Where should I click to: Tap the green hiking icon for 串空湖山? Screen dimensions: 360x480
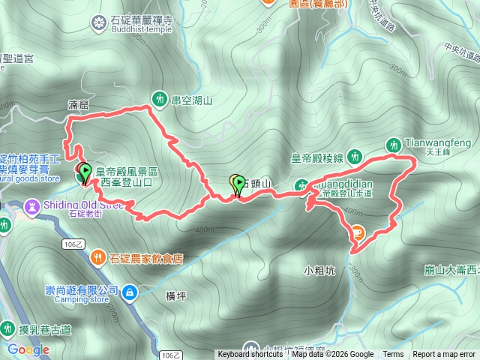pyautogui.click(x=159, y=97)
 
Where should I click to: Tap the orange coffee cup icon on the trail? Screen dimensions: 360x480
pyautogui.click(x=358, y=232)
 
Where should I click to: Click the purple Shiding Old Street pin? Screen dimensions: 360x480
pyautogui.click(x=31, y=205)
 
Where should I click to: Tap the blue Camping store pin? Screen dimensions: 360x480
pyautogui.click(x=129, y=290)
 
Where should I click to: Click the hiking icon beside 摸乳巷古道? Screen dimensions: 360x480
pyautogui.click(x=7, y=328)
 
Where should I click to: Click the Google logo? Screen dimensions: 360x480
pyautogui.click(x=28, y=349)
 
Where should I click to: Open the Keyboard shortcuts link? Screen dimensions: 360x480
pyautogui.click(x=250, y=355)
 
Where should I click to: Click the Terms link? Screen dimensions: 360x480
pyautogui.click(x=393, y=355)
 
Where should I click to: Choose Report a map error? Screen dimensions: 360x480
pyautogui.click(x=444, y=355)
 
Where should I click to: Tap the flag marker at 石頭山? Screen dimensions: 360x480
pyautogui.click(x=238, y=183)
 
